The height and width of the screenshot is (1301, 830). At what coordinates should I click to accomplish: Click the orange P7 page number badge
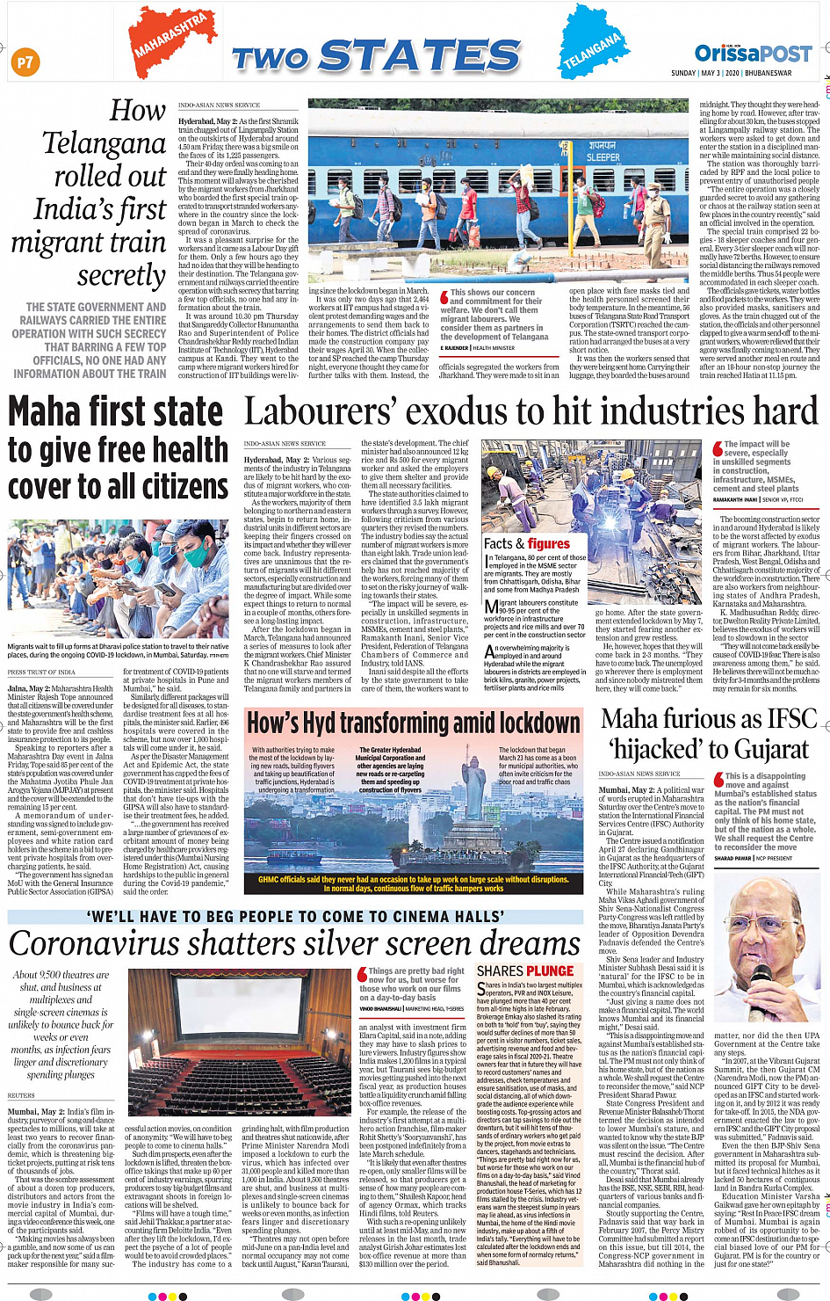[25, 62]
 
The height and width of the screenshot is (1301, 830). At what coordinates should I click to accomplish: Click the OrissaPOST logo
[753, 54]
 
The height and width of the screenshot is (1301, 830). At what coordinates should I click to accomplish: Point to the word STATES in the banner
[422, 56]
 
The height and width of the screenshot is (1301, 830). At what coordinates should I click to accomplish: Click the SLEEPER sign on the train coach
[603, 157]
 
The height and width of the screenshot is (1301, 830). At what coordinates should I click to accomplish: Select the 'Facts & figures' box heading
[527, 544]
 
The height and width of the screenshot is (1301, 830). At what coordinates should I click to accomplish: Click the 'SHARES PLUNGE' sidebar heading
[525, 970]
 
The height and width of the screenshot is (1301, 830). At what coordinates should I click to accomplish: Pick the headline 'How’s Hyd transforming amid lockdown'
[414, 723]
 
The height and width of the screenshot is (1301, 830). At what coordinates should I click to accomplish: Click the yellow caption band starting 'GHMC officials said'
[413, 883]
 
